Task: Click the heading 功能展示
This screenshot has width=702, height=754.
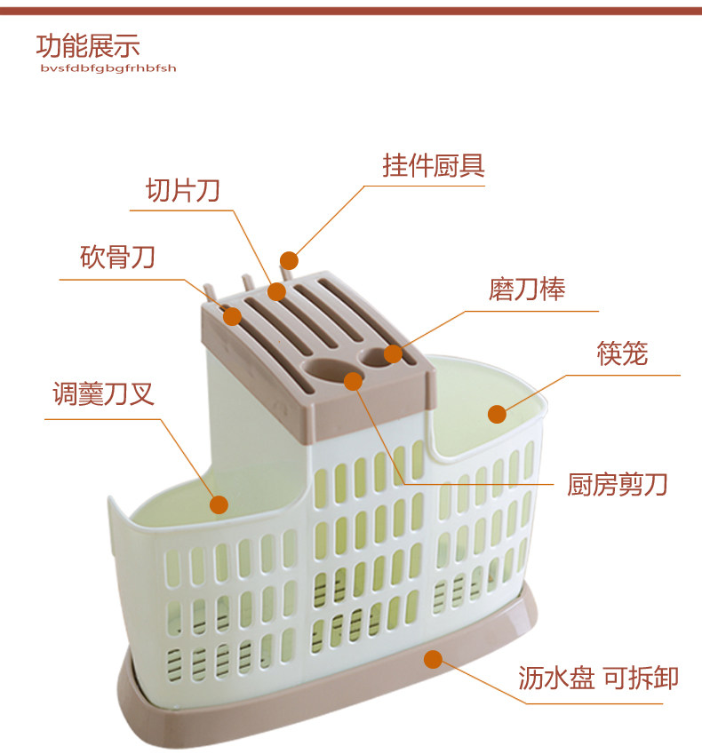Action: (x=87, y=45)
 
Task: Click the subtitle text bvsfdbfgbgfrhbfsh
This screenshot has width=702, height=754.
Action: (x=108, y=68)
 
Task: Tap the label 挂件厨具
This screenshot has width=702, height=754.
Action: (x=433, y=166)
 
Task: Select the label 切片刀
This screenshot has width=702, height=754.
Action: (x=182, y=190)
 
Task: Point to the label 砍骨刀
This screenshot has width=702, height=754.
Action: (x=117, y=258)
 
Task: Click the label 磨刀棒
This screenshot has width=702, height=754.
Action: (x=526, y=290)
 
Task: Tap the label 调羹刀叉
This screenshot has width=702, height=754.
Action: (x=103, y=393)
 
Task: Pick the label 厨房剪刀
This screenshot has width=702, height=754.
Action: (x=617, y=485)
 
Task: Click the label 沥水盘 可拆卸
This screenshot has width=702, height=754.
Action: (x=598, y=679)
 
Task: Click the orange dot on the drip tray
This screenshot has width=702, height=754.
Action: (x=433, y=659)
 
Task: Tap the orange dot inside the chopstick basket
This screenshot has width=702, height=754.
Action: (x=497, y=413)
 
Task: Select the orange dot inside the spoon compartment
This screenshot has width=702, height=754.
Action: (x=219, y=504)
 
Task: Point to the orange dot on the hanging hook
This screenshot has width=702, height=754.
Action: (x=289, y=260)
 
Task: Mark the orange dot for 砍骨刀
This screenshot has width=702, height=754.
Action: (x=232, y=315)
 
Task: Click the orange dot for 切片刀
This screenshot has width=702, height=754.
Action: (x=276, y=291)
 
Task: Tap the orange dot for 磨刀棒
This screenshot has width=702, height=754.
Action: (x=392, y=354)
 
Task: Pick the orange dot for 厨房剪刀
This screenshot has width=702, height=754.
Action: (x=353, y=381)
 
